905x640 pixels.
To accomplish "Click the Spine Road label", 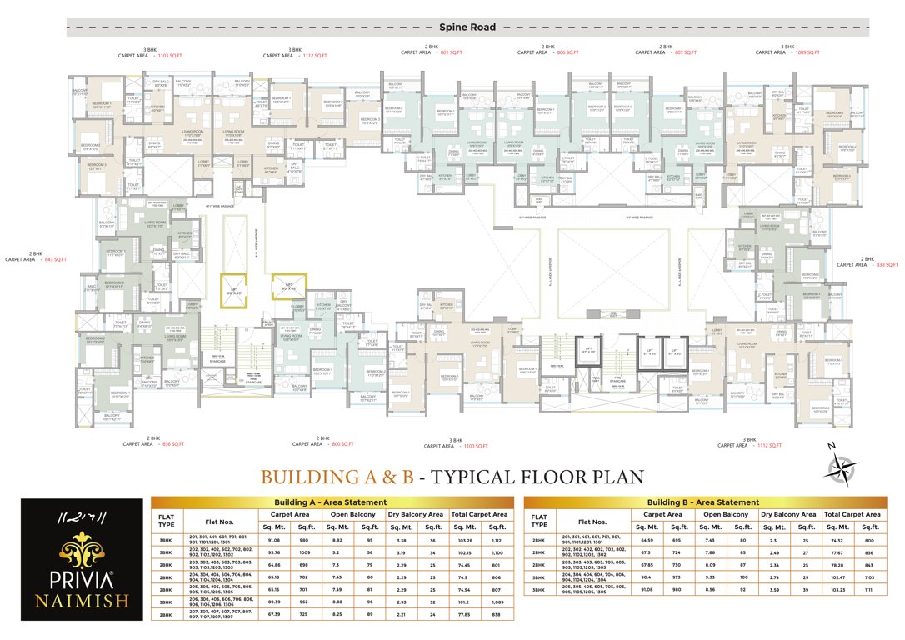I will click(x=467, y=27).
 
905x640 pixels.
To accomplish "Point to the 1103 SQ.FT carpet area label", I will click(x=173, y=53).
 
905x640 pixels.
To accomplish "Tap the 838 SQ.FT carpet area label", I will click(x=883, y=264).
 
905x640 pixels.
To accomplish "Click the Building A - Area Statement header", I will click(x=331, y=502).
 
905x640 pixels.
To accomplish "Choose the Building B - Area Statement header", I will click(x=703, y=502).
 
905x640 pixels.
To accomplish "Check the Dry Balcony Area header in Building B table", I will click(x=791, y=514).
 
